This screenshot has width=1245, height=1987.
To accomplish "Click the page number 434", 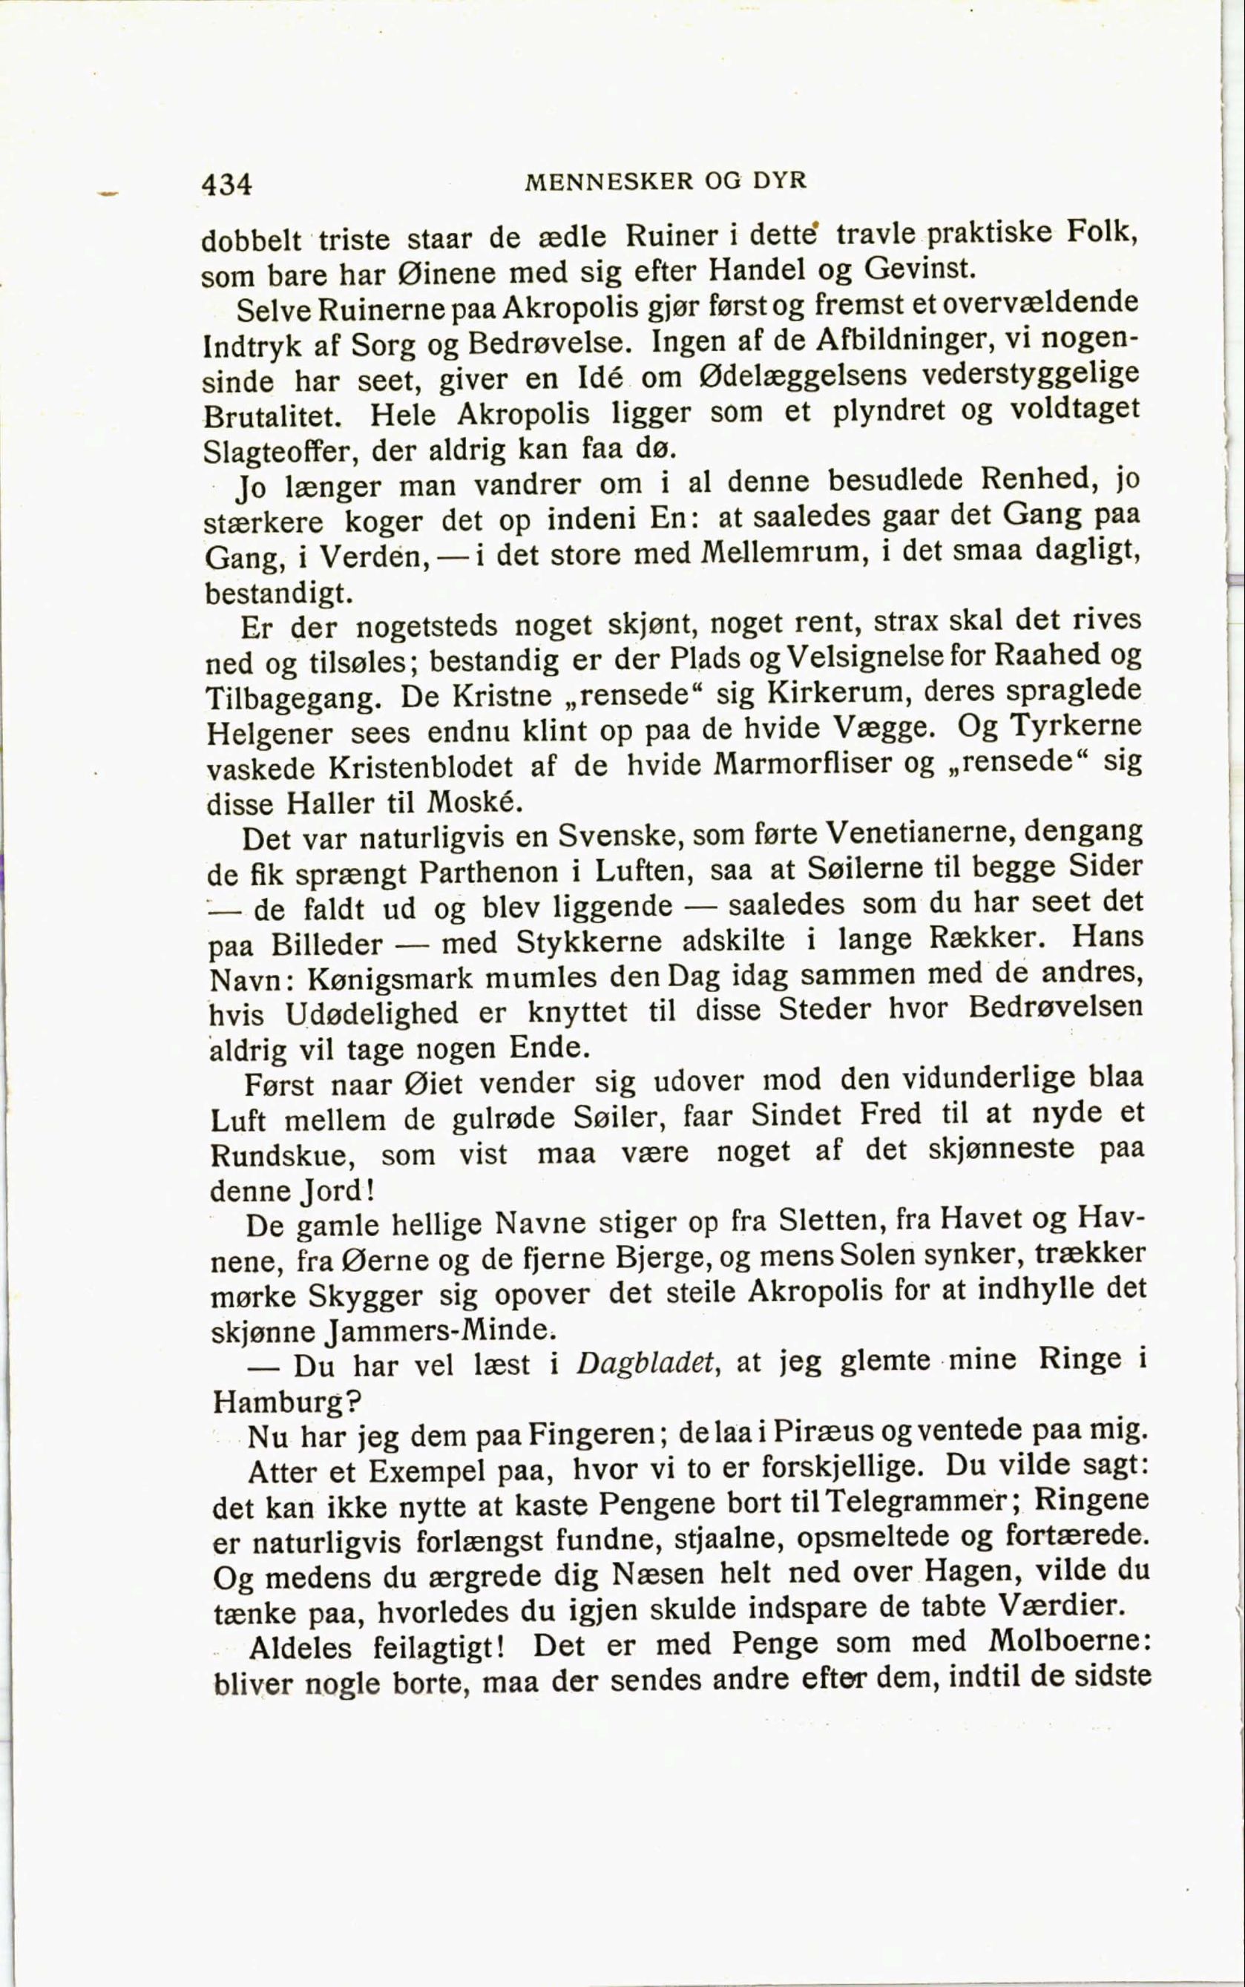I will pos(226,183).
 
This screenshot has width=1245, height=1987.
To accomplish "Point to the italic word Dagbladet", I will pos(645,1364).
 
